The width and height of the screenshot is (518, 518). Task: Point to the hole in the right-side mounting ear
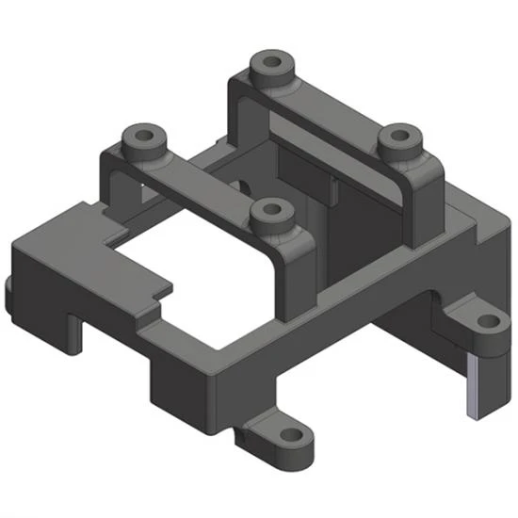point(489,322)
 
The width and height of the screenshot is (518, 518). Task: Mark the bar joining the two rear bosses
point(330,108)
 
